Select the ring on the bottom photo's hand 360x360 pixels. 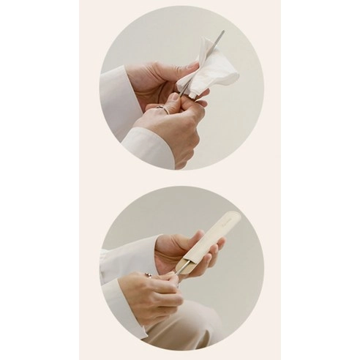coord(149,275)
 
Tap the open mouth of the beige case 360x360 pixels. coord(187,266)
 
